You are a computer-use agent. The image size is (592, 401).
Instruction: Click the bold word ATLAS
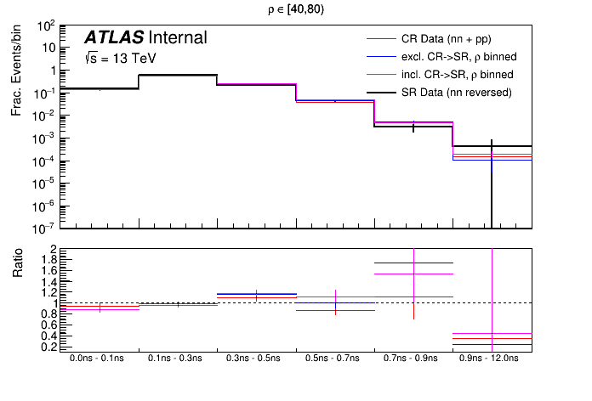click(113, 38)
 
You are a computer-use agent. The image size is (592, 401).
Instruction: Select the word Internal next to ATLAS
click(177, 38)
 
